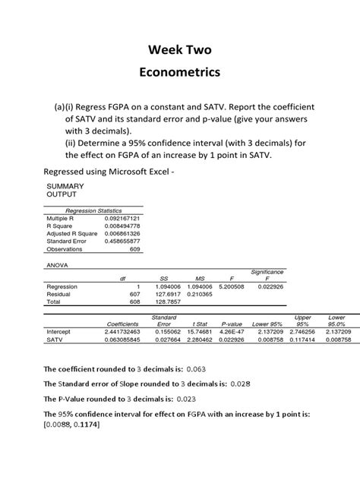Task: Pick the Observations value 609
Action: [131, 248]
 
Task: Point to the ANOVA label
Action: [58, 265]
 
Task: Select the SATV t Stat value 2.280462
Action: [196, 339]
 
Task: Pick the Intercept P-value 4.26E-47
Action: [231, 332]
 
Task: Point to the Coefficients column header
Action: [122, 324]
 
